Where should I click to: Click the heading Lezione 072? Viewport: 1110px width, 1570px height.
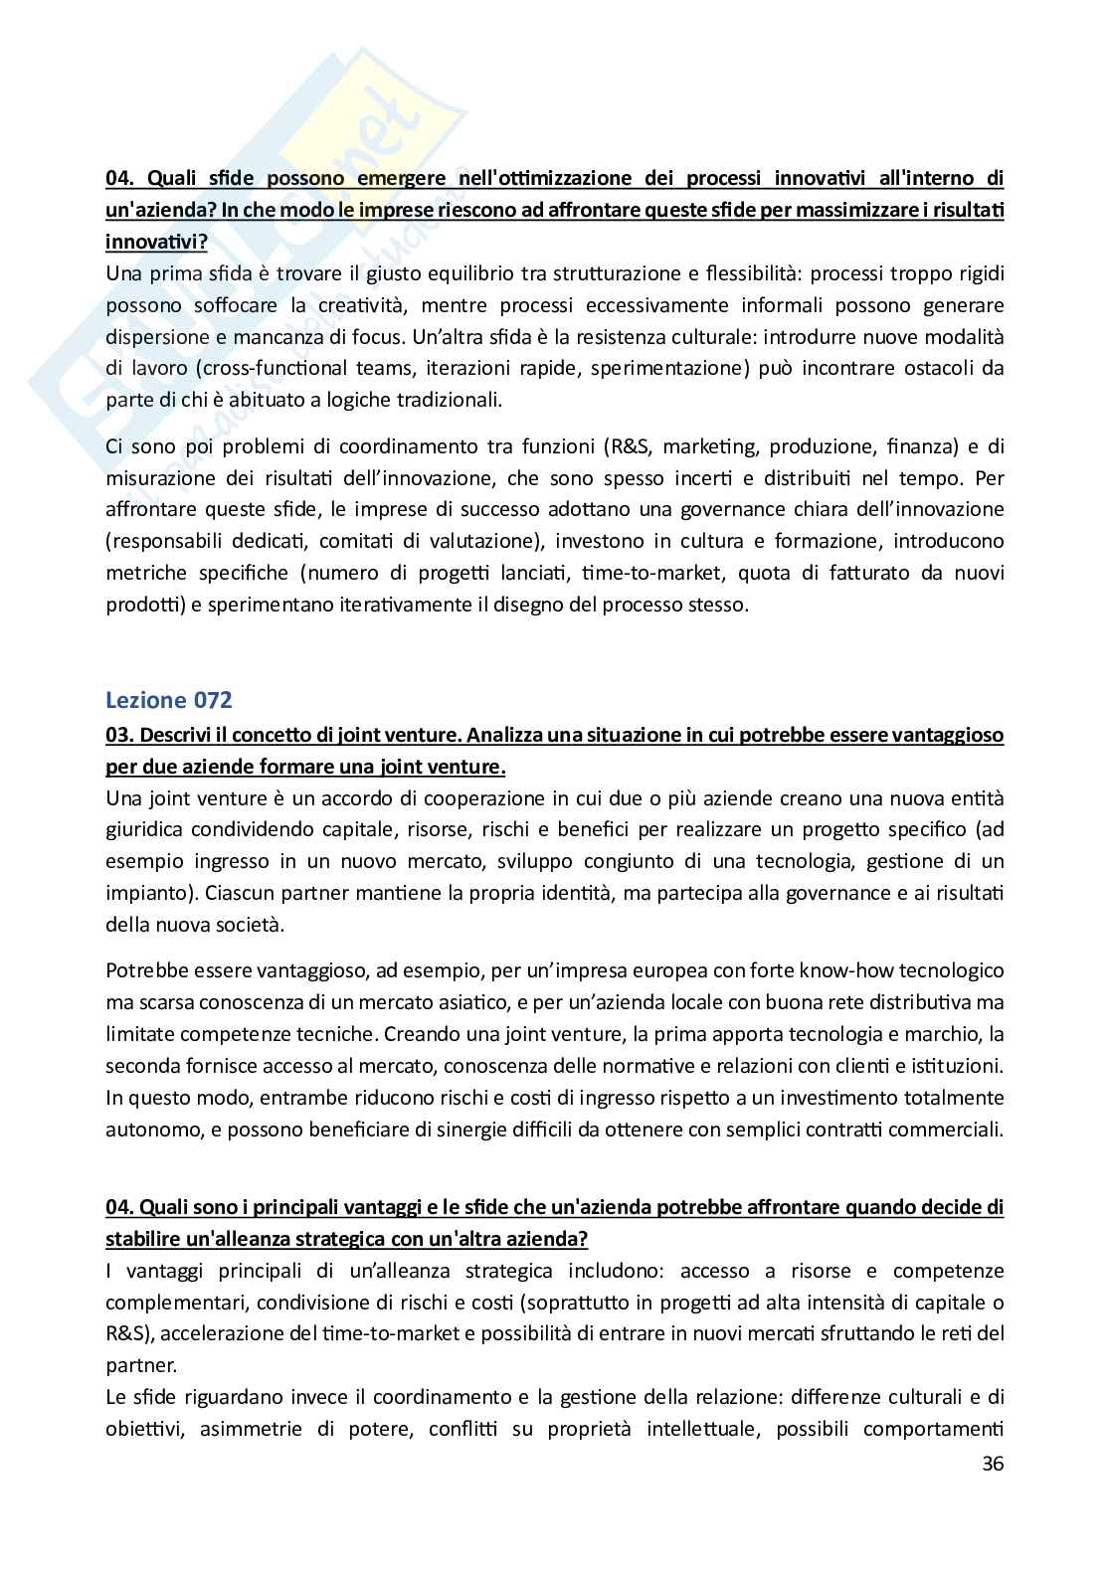(x=168, y=700)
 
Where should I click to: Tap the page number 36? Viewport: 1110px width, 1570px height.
(x=992, y=1464)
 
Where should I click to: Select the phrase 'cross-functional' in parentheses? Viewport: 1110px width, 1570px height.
(x=266, y=369)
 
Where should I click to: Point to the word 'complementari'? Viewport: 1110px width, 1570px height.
(x=170, y=1303)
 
